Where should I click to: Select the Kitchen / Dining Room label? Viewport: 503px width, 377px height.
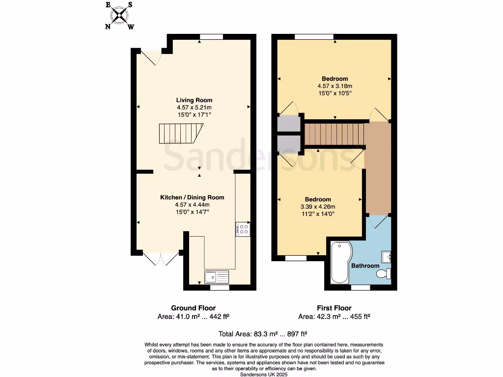[192, 197]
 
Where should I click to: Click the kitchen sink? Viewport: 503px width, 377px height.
[217, 277]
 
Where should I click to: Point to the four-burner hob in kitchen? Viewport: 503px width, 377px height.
[244, 228]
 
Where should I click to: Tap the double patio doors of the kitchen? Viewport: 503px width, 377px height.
[161, 259]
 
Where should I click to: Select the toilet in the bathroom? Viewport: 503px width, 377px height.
[384, 273]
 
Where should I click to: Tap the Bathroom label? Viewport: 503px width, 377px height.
[365, 266]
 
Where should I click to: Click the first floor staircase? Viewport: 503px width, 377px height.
[334, 134]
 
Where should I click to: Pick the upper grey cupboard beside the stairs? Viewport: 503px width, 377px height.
[288, 123]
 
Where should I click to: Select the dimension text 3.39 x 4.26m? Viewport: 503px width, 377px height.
[318, 206]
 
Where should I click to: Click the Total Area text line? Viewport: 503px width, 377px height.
[251, 334]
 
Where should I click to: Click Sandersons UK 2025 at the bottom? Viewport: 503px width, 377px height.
[263, 374]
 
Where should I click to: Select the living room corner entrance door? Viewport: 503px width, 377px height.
[151, 57]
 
